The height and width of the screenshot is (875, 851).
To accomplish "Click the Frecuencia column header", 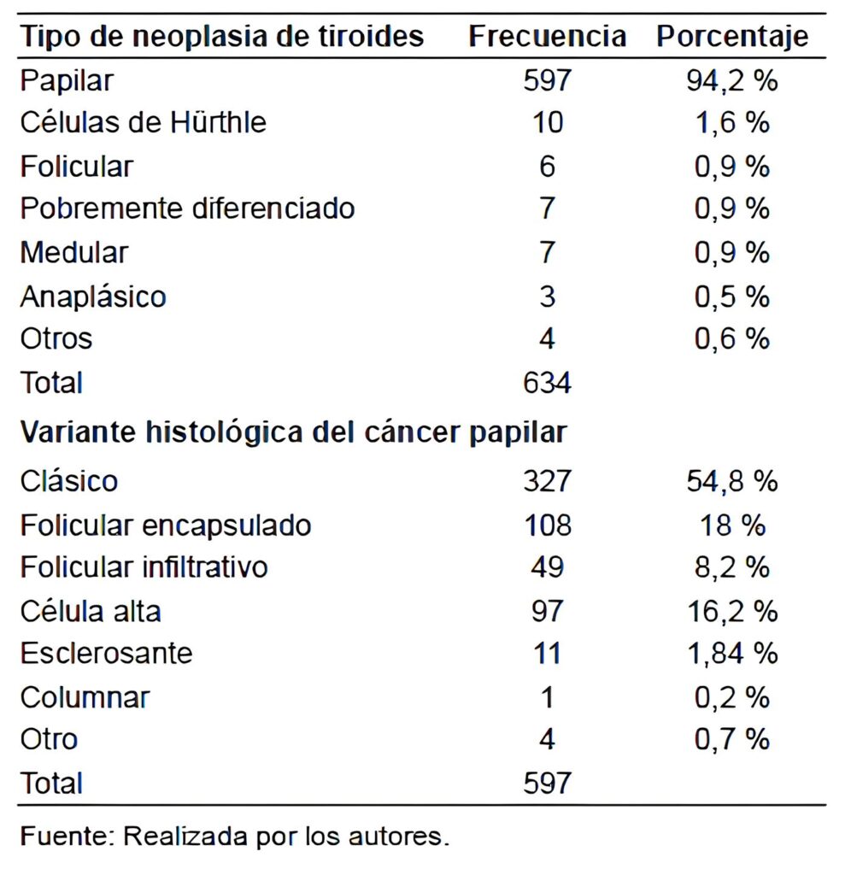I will point(547,37).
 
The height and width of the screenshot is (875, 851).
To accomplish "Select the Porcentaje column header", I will point(731,37).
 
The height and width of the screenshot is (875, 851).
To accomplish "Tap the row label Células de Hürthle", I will point(144,122).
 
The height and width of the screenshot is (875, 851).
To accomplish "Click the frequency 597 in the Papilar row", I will point(547,80).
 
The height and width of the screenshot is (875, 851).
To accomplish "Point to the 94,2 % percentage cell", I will point(731,80).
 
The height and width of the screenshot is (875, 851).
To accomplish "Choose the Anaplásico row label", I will point(93,297).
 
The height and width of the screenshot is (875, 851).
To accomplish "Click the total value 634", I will point(547,382).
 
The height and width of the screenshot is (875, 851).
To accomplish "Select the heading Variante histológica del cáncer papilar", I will point(293,432).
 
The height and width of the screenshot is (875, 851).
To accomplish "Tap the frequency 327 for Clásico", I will point(547,481).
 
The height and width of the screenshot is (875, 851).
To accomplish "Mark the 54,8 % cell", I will point(731,481).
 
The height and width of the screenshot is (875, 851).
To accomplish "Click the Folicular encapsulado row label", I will point(166,525).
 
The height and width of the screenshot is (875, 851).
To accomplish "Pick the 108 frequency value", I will point(547,525).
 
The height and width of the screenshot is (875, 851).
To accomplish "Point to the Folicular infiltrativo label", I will point(144,567).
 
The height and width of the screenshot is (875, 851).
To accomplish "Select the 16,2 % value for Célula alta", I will point(731,611).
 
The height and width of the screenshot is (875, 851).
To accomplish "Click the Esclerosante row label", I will point(107,654).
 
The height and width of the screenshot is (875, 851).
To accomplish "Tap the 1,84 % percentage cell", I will point(731,654).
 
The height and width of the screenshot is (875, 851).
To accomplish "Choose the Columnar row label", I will point(85,697).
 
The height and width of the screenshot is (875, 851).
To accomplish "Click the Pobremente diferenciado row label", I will point(187,208).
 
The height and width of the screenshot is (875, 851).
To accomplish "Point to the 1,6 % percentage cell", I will point(731,122).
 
